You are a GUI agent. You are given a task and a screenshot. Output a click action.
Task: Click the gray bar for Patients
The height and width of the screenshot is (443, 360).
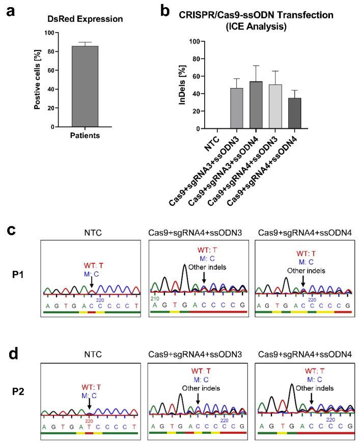pos(85,87)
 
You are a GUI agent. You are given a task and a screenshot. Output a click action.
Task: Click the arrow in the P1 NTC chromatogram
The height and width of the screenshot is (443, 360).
pos(91,281)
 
